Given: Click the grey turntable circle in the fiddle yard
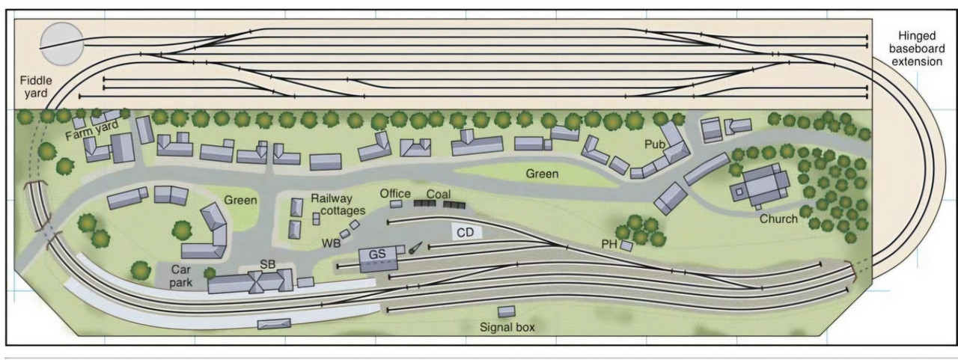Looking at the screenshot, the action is pyautogui.click(x=62, y=44).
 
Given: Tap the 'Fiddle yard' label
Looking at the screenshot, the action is pyautogui.click(x=36, y=86).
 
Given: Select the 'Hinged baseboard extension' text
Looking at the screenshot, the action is pyautogui.click(x=917, y=49).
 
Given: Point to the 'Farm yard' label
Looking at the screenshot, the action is pyautogui.click(x=91, y=130).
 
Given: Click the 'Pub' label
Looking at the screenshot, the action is pyautogui.click(x=655, y=144).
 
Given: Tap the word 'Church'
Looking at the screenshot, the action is pyautogui.click(x=778, y=219).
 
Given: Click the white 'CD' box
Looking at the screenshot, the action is pyautogui.click(x=466, y=233).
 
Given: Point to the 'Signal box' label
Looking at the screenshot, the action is pyautogui.click(x=507, y=328).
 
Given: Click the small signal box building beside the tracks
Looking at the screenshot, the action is pyautogui.click(x=507, y=311).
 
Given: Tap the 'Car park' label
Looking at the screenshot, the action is pyautogui.click(x=181, y=276).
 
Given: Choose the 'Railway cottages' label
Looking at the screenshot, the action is pyautogui.click(x=338, y=204).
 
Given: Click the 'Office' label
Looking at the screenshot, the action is pyautogui.click(x=395, y=194).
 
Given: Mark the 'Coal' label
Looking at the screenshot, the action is pyautogui.click(x=439, y=194).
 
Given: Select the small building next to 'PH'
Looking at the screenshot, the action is pyautogui.click(x=626, y=245).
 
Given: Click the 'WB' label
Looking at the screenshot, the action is pyautogui.click(x=331, y=243).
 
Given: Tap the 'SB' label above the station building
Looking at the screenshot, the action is pyautogui.click(x=268, y=265).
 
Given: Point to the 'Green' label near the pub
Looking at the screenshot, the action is pyautogui.click(x=542, y=174).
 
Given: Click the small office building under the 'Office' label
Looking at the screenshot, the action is pyautogui.click(x=396, y=204).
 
